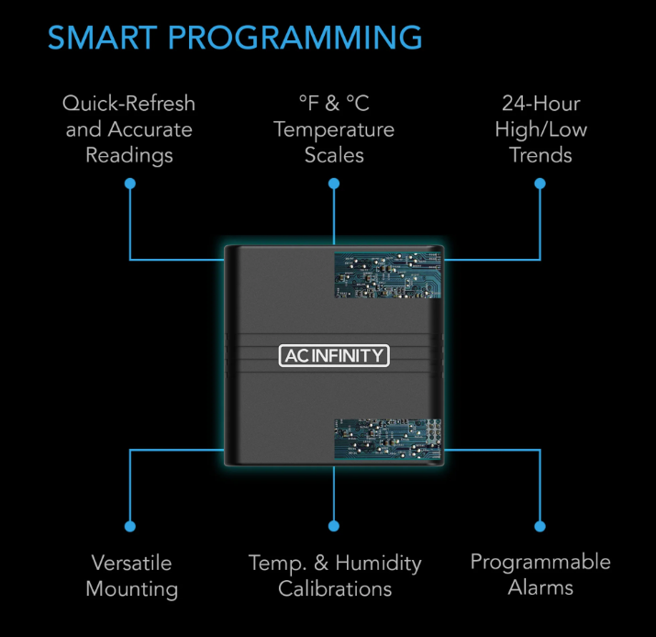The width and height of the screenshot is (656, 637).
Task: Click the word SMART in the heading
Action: tap(101, 38)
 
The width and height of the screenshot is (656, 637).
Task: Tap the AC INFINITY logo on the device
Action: tap(334, 355)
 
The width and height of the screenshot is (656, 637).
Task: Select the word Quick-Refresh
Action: tap(129, 103)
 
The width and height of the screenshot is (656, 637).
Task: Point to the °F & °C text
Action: tap(334, 103)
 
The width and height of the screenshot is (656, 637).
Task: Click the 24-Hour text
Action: tap(540, 103)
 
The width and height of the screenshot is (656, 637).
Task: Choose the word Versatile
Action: tap(131, 562)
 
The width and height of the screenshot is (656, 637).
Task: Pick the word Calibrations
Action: tap(335, 588)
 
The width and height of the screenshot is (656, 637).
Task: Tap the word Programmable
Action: tap(540, 562)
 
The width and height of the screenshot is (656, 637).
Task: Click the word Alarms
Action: tap(540, 588)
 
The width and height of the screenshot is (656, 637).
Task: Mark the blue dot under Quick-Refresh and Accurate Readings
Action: tap(129, 184)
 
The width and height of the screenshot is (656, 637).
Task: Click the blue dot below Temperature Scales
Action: tap(334, 184)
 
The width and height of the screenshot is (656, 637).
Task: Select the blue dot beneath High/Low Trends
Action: tap(540, 184)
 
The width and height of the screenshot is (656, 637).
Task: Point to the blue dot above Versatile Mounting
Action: tap(129, 527)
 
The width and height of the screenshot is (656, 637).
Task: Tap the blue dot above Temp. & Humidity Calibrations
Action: tap(334, 527)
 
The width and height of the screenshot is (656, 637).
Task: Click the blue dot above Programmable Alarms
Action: tap(540, 527)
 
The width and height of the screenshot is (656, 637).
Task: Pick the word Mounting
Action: tap(131, 588)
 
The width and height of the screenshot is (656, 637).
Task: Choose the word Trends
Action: tap(540, 155)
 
